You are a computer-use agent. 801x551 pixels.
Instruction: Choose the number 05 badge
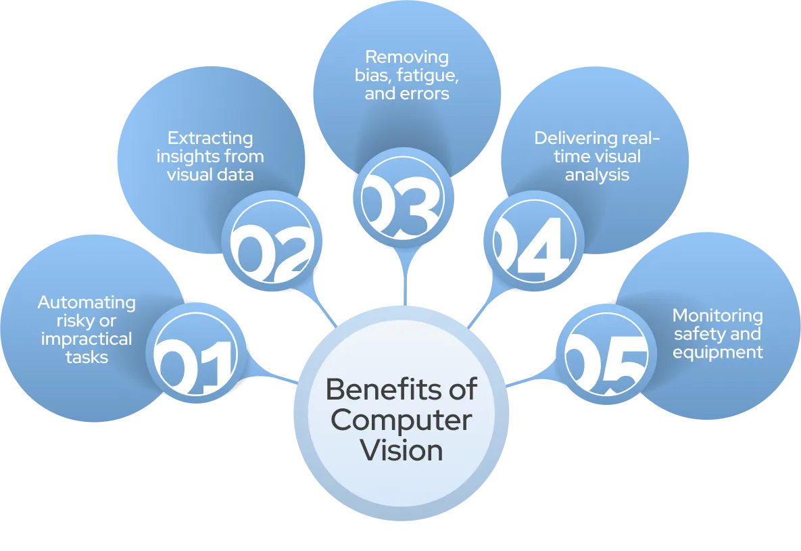606,356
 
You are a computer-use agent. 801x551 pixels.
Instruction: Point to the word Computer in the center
402,421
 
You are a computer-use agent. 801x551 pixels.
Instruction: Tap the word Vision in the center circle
402,450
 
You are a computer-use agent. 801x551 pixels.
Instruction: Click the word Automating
87,302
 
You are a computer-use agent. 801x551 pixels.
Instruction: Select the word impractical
87,338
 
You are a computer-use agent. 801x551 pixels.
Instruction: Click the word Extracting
210,139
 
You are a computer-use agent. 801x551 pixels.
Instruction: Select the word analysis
598,175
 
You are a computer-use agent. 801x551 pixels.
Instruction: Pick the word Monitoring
717,316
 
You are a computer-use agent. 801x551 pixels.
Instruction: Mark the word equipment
717,352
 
